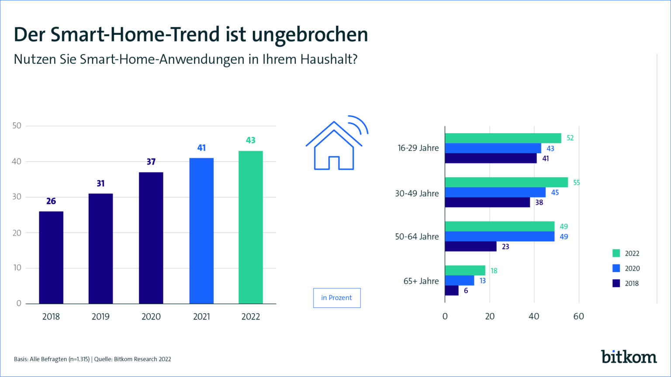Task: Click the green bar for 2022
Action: (250, 227)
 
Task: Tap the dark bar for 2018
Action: (51, 257)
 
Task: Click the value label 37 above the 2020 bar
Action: (151, 162)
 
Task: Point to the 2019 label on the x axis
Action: (100, 317)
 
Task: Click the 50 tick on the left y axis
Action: (17, 126)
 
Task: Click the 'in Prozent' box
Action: (336, 298)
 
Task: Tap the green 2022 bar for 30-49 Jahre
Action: (506, 182)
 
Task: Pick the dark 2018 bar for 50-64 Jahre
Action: (470, 247)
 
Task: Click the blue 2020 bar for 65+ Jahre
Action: (459, 281)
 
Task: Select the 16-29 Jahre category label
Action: (418, 148)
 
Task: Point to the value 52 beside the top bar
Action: (570, 138)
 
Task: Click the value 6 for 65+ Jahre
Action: (466, 291)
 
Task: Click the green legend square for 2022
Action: (616, 253)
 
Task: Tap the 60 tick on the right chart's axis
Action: (578, 316)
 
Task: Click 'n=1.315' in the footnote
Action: (79, 359)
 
